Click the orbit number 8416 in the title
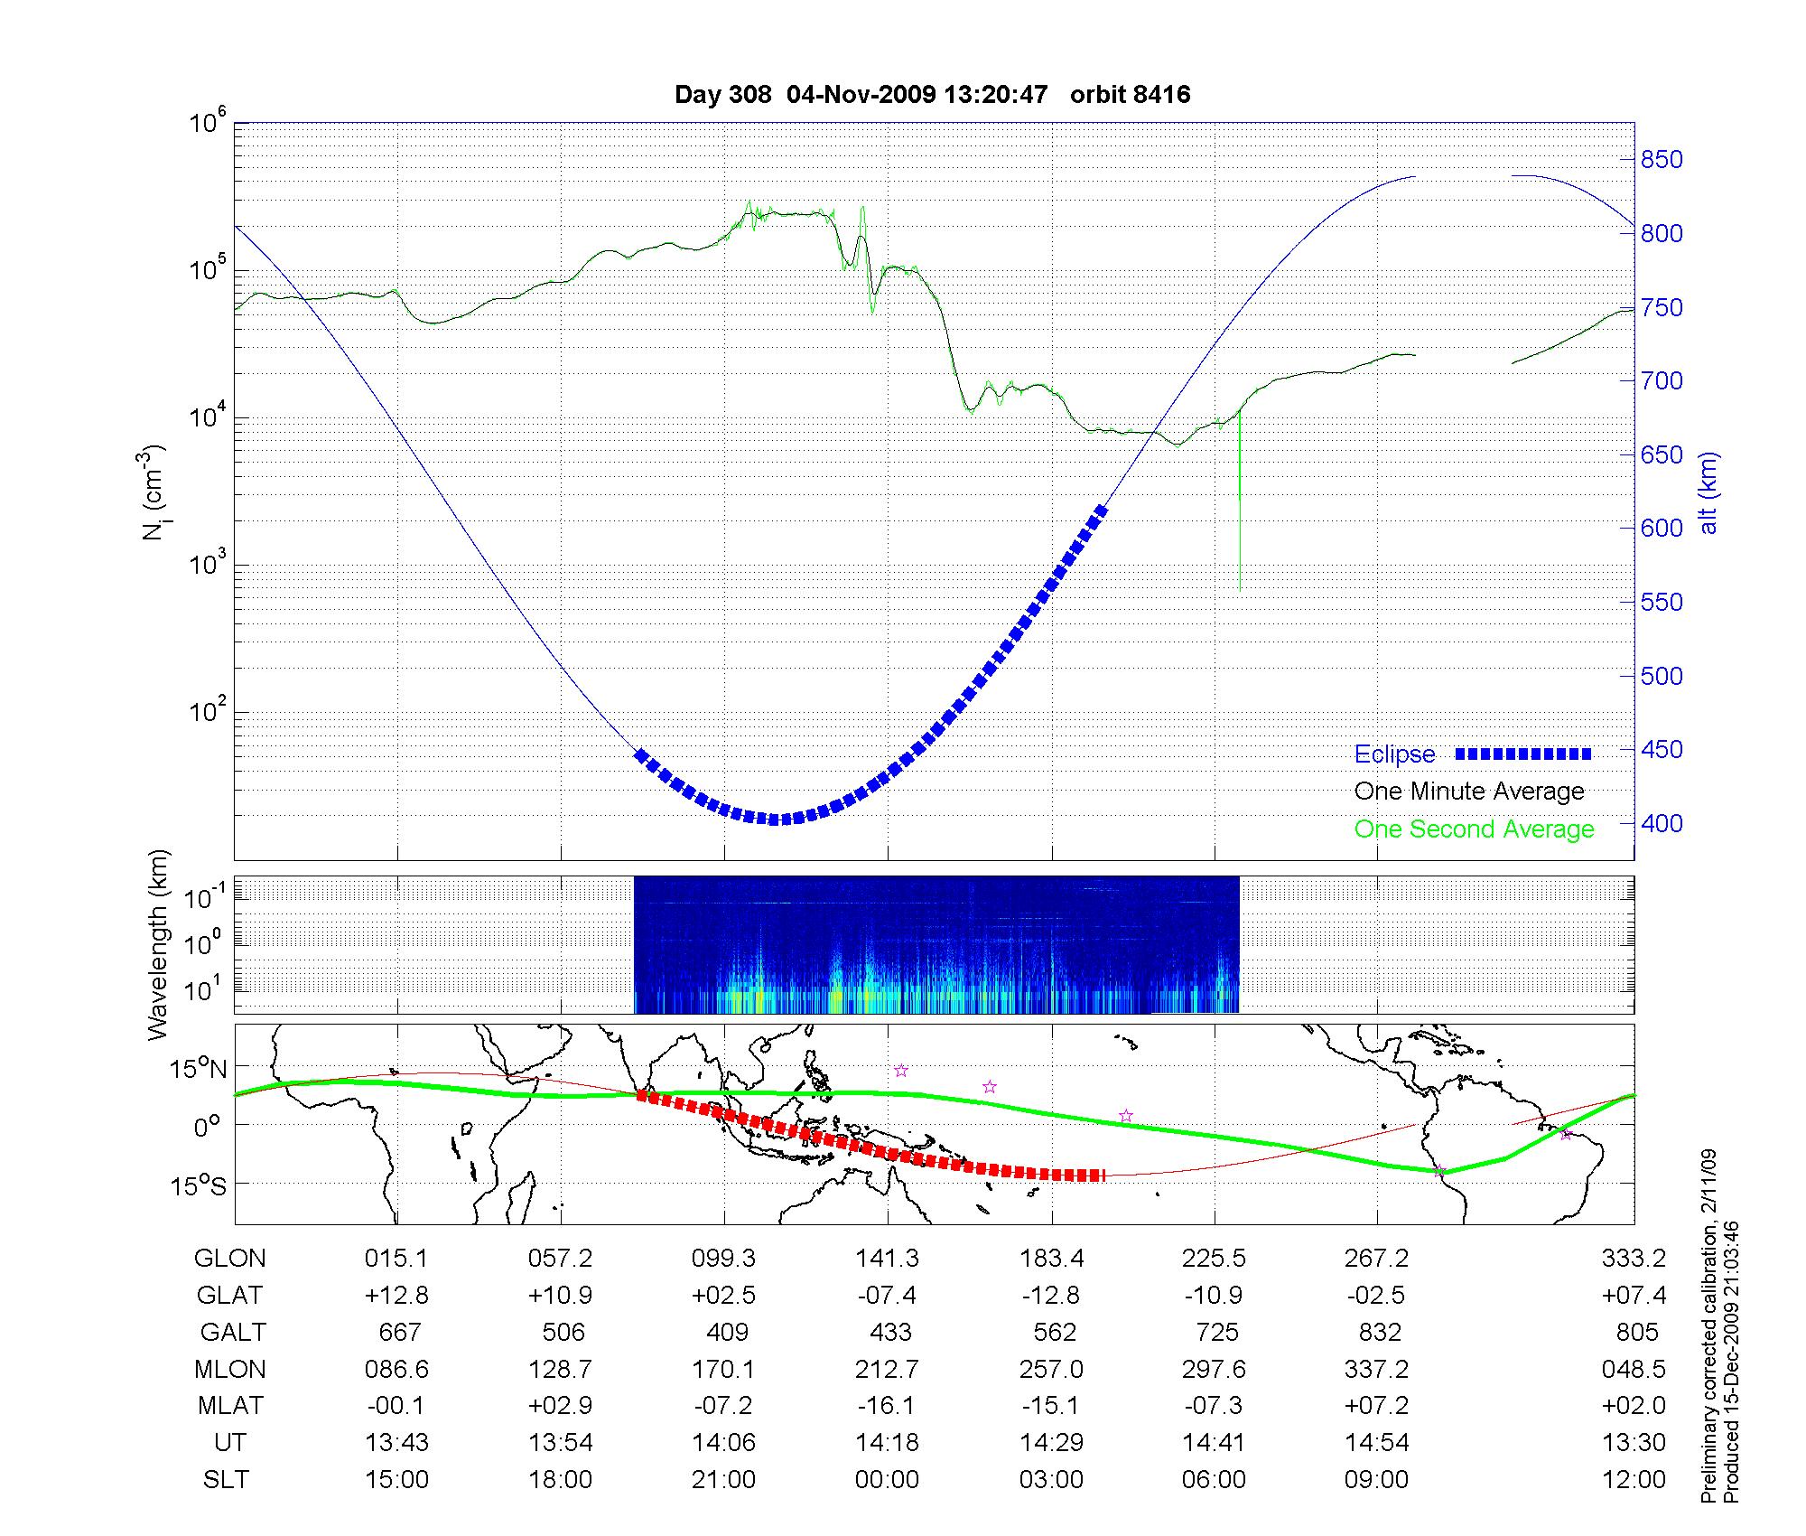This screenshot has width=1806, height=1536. click(1130, 95)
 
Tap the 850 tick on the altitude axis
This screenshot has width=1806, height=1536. click(1662, 160)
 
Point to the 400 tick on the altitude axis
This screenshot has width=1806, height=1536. click(1662, 824)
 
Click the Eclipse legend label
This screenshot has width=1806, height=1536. click(1394, 754)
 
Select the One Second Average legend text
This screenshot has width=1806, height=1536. click(1474, 829)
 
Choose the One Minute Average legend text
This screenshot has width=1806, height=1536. click(1469, 791)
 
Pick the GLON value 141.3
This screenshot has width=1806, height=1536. click(888, 1259)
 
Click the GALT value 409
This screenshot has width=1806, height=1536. click(727, 1333)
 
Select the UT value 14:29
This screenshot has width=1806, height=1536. click(1051, 1443)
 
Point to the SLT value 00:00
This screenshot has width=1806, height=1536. click(888, 1480)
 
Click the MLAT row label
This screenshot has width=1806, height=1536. click(230, 1406)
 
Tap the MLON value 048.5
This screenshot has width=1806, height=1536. click(1633, 1370)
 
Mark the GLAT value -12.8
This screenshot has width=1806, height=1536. click(1051, 1296)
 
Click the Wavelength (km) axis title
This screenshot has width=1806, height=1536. click(158, 944)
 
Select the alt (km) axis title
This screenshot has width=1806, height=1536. click(1708, 492)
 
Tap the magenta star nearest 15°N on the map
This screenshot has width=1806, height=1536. click(900, 1071)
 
